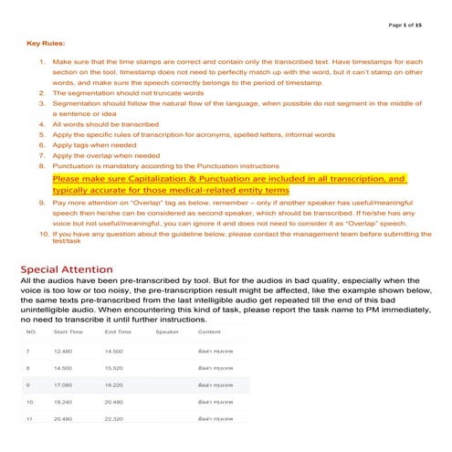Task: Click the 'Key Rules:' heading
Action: pos(46,42)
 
